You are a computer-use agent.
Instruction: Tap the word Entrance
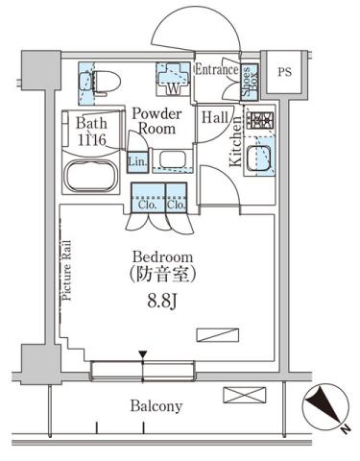(x=218, y=69)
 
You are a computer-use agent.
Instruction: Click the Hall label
(x=214, y=116)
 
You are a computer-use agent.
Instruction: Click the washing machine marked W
(x=174, y=80)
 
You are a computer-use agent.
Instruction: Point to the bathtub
(x=89, y=178)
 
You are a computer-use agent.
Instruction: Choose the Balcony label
(x=156, y=406)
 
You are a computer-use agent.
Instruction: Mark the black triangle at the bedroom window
(x=142, y=355)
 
